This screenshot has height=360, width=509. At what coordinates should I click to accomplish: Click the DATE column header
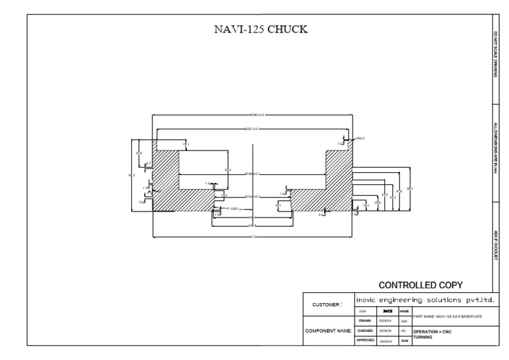(388, 310)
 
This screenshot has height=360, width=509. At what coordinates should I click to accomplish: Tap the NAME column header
(404, 310)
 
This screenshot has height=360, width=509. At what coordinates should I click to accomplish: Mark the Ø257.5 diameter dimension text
(252, 129)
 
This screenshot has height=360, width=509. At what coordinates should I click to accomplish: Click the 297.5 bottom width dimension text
(252, 237)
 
